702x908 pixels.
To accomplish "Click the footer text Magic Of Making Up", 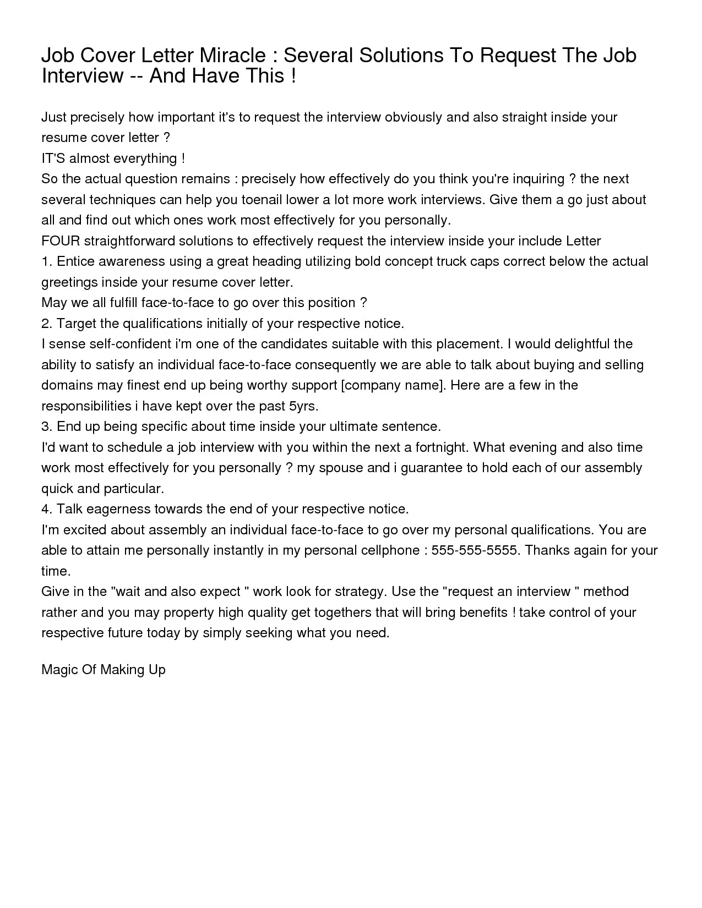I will coord(104,670).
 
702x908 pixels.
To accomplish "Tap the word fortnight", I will coord(441,447).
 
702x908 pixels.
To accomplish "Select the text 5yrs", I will coord(303,406).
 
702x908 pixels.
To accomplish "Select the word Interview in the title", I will coord(83,76).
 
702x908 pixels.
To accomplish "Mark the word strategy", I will coord(360,592).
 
